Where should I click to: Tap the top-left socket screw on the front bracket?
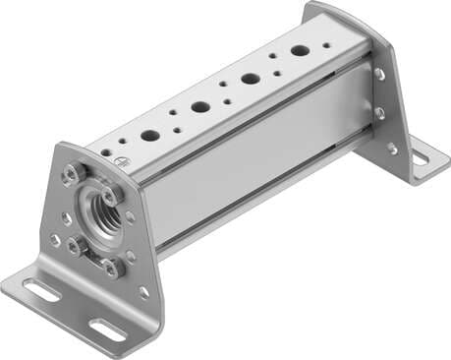pyautogui.click(x=71, y=175)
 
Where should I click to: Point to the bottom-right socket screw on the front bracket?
pyautogui.click(x=113, y=266)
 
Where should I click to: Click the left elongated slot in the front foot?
pyautogui.click(x=40, y=290)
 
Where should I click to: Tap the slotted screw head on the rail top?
pyautogui.click(x=121, y=160)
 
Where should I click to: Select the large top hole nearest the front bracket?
pyautogui.click(x=149, y=136)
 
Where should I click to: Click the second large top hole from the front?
pyautogui.click(x=200, y=106)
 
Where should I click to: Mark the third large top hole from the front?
pyautogui.click(x=251, y=78)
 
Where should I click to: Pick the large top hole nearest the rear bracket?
pyautogui.click(x=299, y=49)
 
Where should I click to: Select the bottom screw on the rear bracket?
pyautogui.click(x=391, y=148)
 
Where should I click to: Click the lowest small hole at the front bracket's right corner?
pyautogui.click(x=143, y=292)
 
